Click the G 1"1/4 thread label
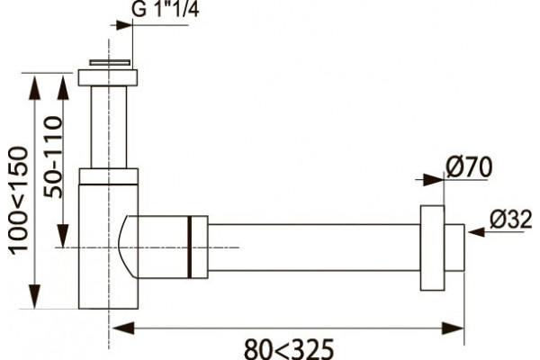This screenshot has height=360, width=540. click(x=166, y=9)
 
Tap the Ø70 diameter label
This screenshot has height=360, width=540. click(x=469, y=167)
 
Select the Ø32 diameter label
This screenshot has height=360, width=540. click(x=510, y=220)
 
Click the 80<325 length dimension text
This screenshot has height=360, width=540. click(x=289, y=349)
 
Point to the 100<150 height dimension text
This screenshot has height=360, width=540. click(x=18, y=201)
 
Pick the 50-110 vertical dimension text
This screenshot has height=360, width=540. click(x=53, y=157)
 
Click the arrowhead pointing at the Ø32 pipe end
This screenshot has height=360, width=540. click(x=476, y=232)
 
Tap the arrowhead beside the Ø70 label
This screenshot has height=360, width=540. click(x=433, y=180)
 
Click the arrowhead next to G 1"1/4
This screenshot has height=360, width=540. click(x=124, y=25)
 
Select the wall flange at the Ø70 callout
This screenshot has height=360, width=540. click(x=432, y=248)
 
